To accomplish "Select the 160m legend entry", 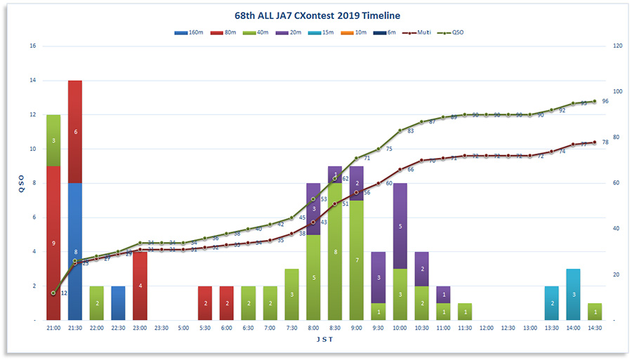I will [192, 32].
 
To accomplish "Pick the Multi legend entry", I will [419, 32].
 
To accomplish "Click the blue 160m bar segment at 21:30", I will [75, 251].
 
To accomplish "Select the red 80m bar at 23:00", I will [140, 286].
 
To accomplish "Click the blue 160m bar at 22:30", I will [118, 302].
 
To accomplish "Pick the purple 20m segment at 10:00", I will [400, 225].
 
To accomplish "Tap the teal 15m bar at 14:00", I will [573, 294].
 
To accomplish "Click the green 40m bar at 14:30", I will [595, 312].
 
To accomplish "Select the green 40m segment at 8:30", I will [335, 251].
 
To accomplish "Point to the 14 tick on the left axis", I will [32, 80].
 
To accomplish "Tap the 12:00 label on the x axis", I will [487, 328].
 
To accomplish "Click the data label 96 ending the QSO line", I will [605, 101].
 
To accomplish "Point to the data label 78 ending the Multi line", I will [605, 142].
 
